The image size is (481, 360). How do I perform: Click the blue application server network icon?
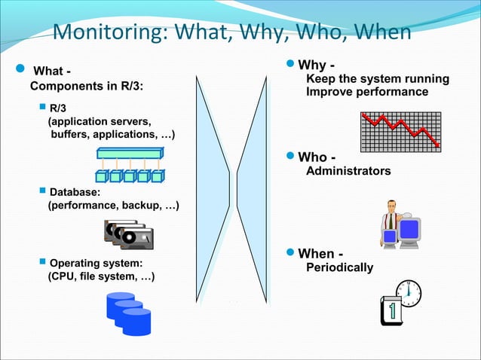pos(130,166)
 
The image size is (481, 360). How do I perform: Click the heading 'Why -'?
pos(317,65)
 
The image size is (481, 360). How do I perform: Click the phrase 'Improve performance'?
pos(367,92)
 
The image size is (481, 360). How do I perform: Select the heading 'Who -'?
pos(317,157)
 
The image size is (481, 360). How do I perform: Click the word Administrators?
pos(348,171)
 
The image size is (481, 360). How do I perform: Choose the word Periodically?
pos(339,267)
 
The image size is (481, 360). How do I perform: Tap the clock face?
pos(408,293)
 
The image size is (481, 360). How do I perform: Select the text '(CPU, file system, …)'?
pos(101,277)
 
